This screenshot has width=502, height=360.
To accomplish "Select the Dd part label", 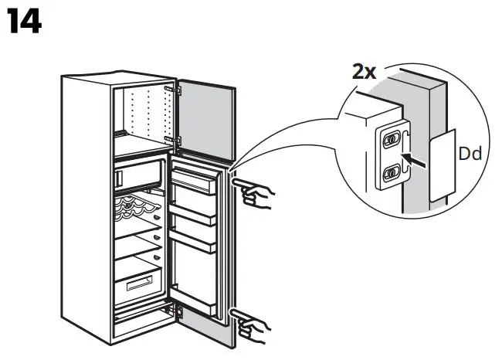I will [469, 154].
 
